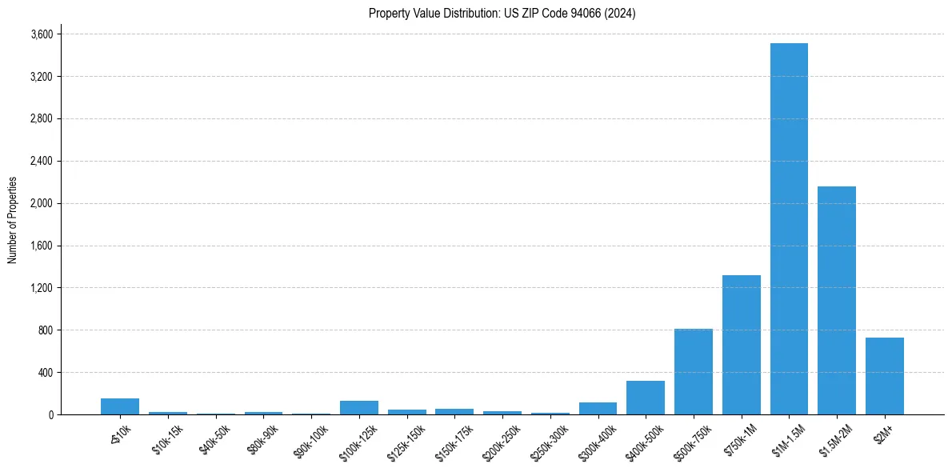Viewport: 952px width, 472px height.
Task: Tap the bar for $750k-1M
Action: pos(741,345)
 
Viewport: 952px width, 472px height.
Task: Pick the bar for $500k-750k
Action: pos(694,371)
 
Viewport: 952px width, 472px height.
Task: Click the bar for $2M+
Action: pos(885,376)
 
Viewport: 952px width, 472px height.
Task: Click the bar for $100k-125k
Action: pos(359,407)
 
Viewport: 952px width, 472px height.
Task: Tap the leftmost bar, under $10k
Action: pos(120,406)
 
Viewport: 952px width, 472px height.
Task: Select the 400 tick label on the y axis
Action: pos(46,373)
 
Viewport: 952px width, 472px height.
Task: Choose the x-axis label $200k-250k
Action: pos(502,441)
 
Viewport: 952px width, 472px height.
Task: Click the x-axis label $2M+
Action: pos(886,433)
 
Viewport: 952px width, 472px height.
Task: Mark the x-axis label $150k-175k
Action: pos(454,441)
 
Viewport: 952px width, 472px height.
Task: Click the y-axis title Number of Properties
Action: pos(13,220)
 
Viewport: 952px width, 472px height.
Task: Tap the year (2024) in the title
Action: pos(621,14)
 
